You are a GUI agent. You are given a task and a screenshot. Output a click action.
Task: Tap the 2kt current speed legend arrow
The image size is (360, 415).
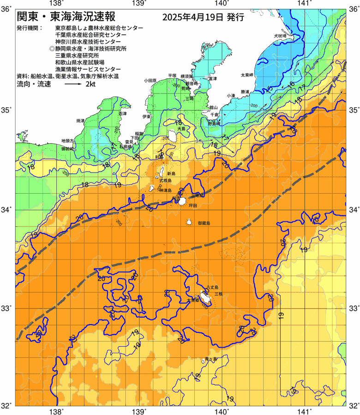point(73,85)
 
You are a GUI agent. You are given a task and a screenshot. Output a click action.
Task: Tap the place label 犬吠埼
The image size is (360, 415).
point(280,36)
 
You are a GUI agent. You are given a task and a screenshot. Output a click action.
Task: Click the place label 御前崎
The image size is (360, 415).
point(67,149)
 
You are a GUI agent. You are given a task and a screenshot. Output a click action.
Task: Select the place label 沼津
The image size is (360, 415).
point(122,113)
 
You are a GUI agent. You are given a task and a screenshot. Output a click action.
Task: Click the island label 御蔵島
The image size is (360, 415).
point(204,223)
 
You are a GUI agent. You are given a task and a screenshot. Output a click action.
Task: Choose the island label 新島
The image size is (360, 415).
point(171,173)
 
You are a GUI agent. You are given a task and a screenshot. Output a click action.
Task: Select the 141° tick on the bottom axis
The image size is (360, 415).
point(304,411)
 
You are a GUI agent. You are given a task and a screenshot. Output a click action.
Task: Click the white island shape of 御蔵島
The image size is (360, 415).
point(189,222)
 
